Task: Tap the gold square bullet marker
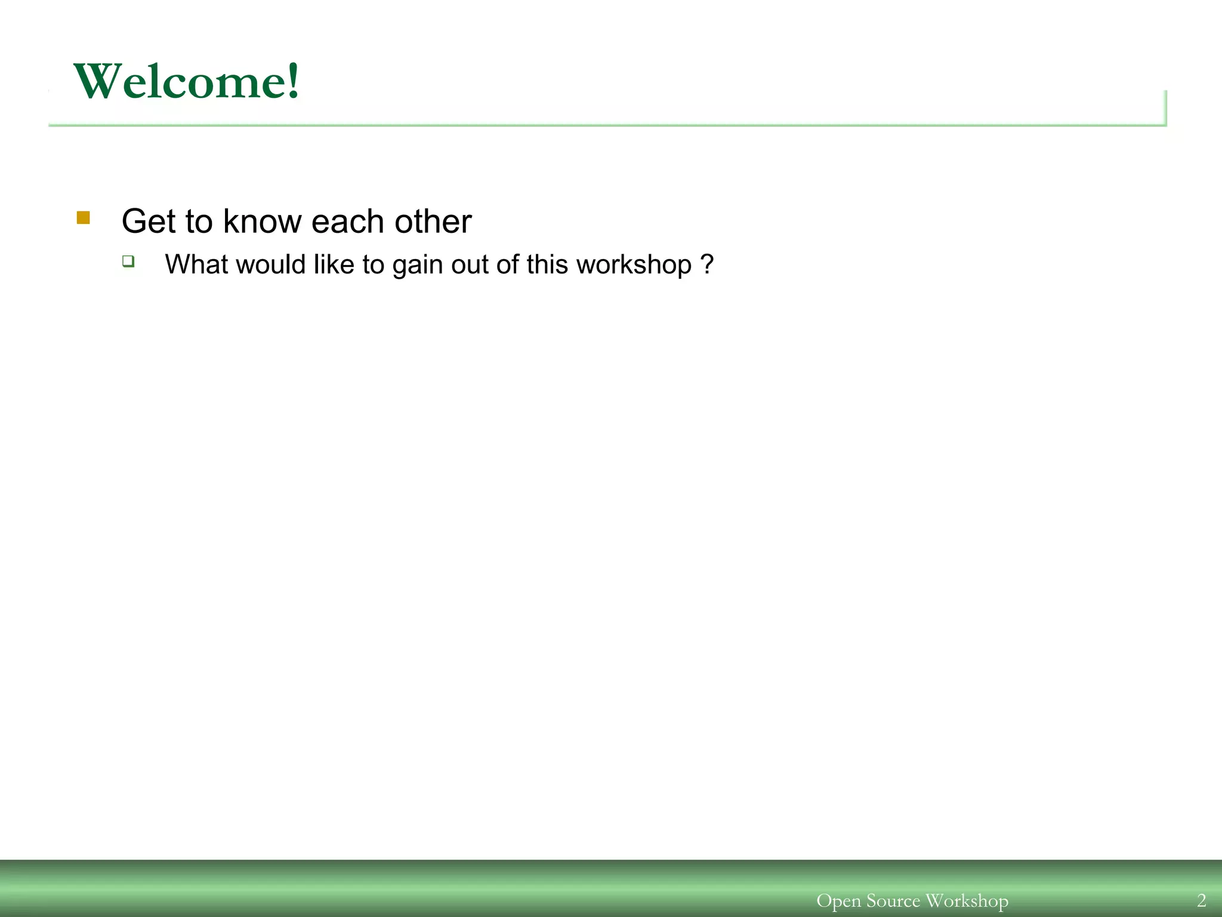pos(84,218)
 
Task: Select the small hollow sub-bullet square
pos(128,261)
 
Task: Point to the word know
pos(263,221)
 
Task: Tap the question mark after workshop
pos(706,264)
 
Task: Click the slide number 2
pos(1201,900)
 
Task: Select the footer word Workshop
pos(967,900)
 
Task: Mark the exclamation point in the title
pos(292,81)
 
